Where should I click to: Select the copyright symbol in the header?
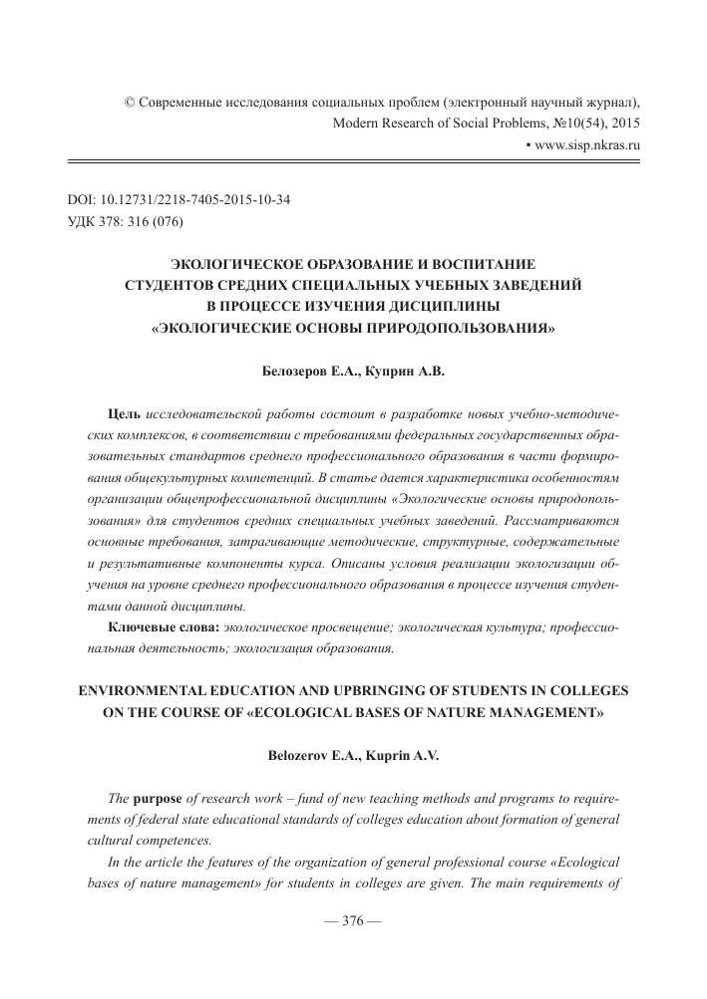coord(128,103)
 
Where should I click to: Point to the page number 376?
coord(354,947)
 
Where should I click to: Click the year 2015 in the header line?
coord(620,124)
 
